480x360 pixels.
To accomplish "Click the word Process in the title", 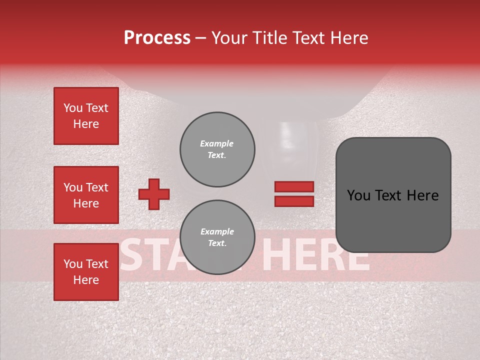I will click(157, 38).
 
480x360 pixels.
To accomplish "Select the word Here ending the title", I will click(348, 38).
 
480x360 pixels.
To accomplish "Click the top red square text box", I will click(86, 116).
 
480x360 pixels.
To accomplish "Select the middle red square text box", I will click(86, 195).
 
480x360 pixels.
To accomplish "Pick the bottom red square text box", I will click(86, 272).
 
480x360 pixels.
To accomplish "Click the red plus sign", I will click(154, 194).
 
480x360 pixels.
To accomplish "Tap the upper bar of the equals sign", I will click(294, 186).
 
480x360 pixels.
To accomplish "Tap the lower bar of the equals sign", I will click(294, 201).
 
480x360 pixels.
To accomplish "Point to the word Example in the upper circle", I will click(217, 143).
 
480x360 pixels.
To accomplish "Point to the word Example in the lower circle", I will click(217, 231).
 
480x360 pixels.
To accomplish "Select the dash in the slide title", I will click(200, 38).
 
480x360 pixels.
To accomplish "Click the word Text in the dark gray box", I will click(394, 195).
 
